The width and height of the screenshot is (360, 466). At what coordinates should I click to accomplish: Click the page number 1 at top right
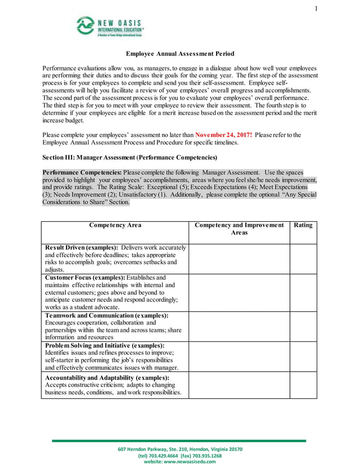(316, 8)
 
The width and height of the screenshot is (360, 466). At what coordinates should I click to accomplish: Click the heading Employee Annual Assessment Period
(179, 54)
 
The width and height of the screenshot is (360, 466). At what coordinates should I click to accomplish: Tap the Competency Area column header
(115, 225)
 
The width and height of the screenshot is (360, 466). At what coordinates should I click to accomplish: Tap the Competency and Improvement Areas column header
(239, 228)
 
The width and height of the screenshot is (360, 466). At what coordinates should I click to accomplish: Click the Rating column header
(303, 225)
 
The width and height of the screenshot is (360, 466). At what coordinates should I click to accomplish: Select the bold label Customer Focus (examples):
(85, 278)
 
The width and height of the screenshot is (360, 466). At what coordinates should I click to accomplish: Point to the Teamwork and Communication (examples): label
(107, 315)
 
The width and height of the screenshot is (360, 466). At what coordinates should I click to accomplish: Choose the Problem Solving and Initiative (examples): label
(104, 345)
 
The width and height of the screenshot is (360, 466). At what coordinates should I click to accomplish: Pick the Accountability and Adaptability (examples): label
(107, 377)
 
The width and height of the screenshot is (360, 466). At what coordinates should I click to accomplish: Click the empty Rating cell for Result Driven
(303, 258)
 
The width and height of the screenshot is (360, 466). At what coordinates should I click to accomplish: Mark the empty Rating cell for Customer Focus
(303, 292)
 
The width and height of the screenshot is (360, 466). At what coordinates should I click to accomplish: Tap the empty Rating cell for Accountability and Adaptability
(303, 385)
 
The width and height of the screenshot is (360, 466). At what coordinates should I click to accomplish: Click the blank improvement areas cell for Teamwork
(239, 326)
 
